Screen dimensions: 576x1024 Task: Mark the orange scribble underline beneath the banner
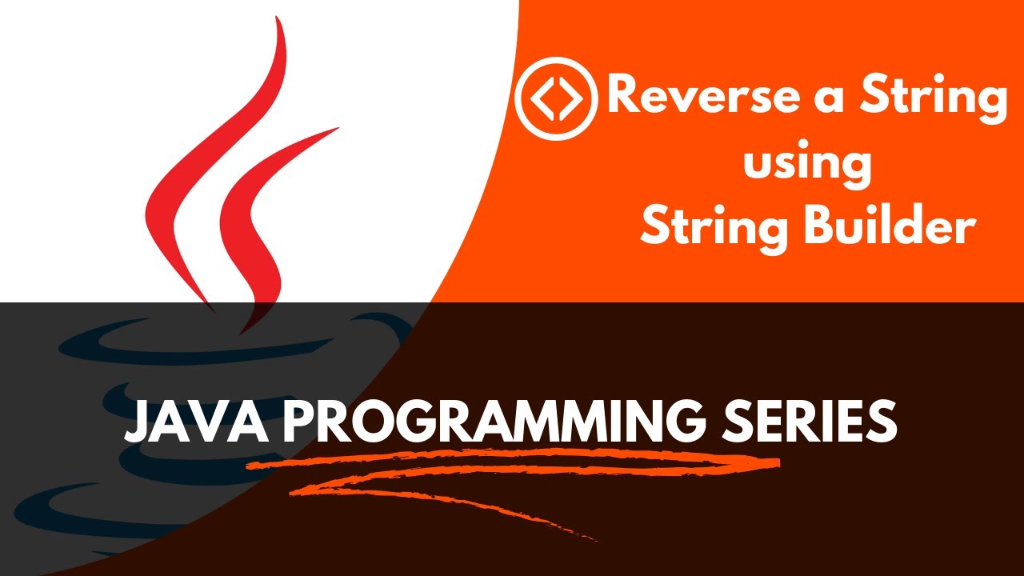[x=512, y=472]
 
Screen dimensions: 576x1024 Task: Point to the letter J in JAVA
[x=138, y=422]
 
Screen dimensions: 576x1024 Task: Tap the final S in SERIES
[x=882, y=422]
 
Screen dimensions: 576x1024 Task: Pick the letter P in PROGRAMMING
[x=297, y=422]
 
